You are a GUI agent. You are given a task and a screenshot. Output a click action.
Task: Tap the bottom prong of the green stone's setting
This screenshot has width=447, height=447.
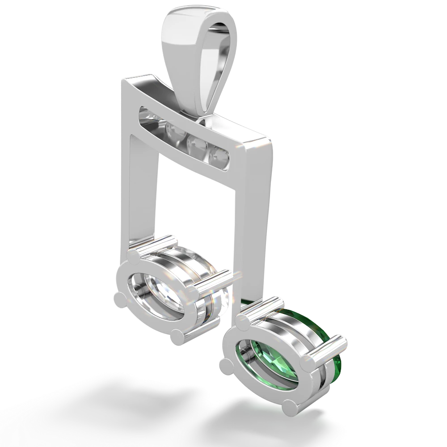pyautogui.click(x=291, y=406)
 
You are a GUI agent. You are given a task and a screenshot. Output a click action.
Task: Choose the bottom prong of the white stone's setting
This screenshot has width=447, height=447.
pyautogui.click(x=179, y=336)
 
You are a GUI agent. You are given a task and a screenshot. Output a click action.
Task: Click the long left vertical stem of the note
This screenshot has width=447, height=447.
pyautogui.click(x=141, y=188)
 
